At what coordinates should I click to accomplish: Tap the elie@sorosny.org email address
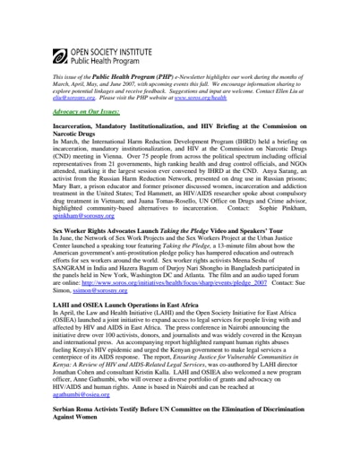point(73,98)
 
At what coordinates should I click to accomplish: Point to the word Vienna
point(142,160)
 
